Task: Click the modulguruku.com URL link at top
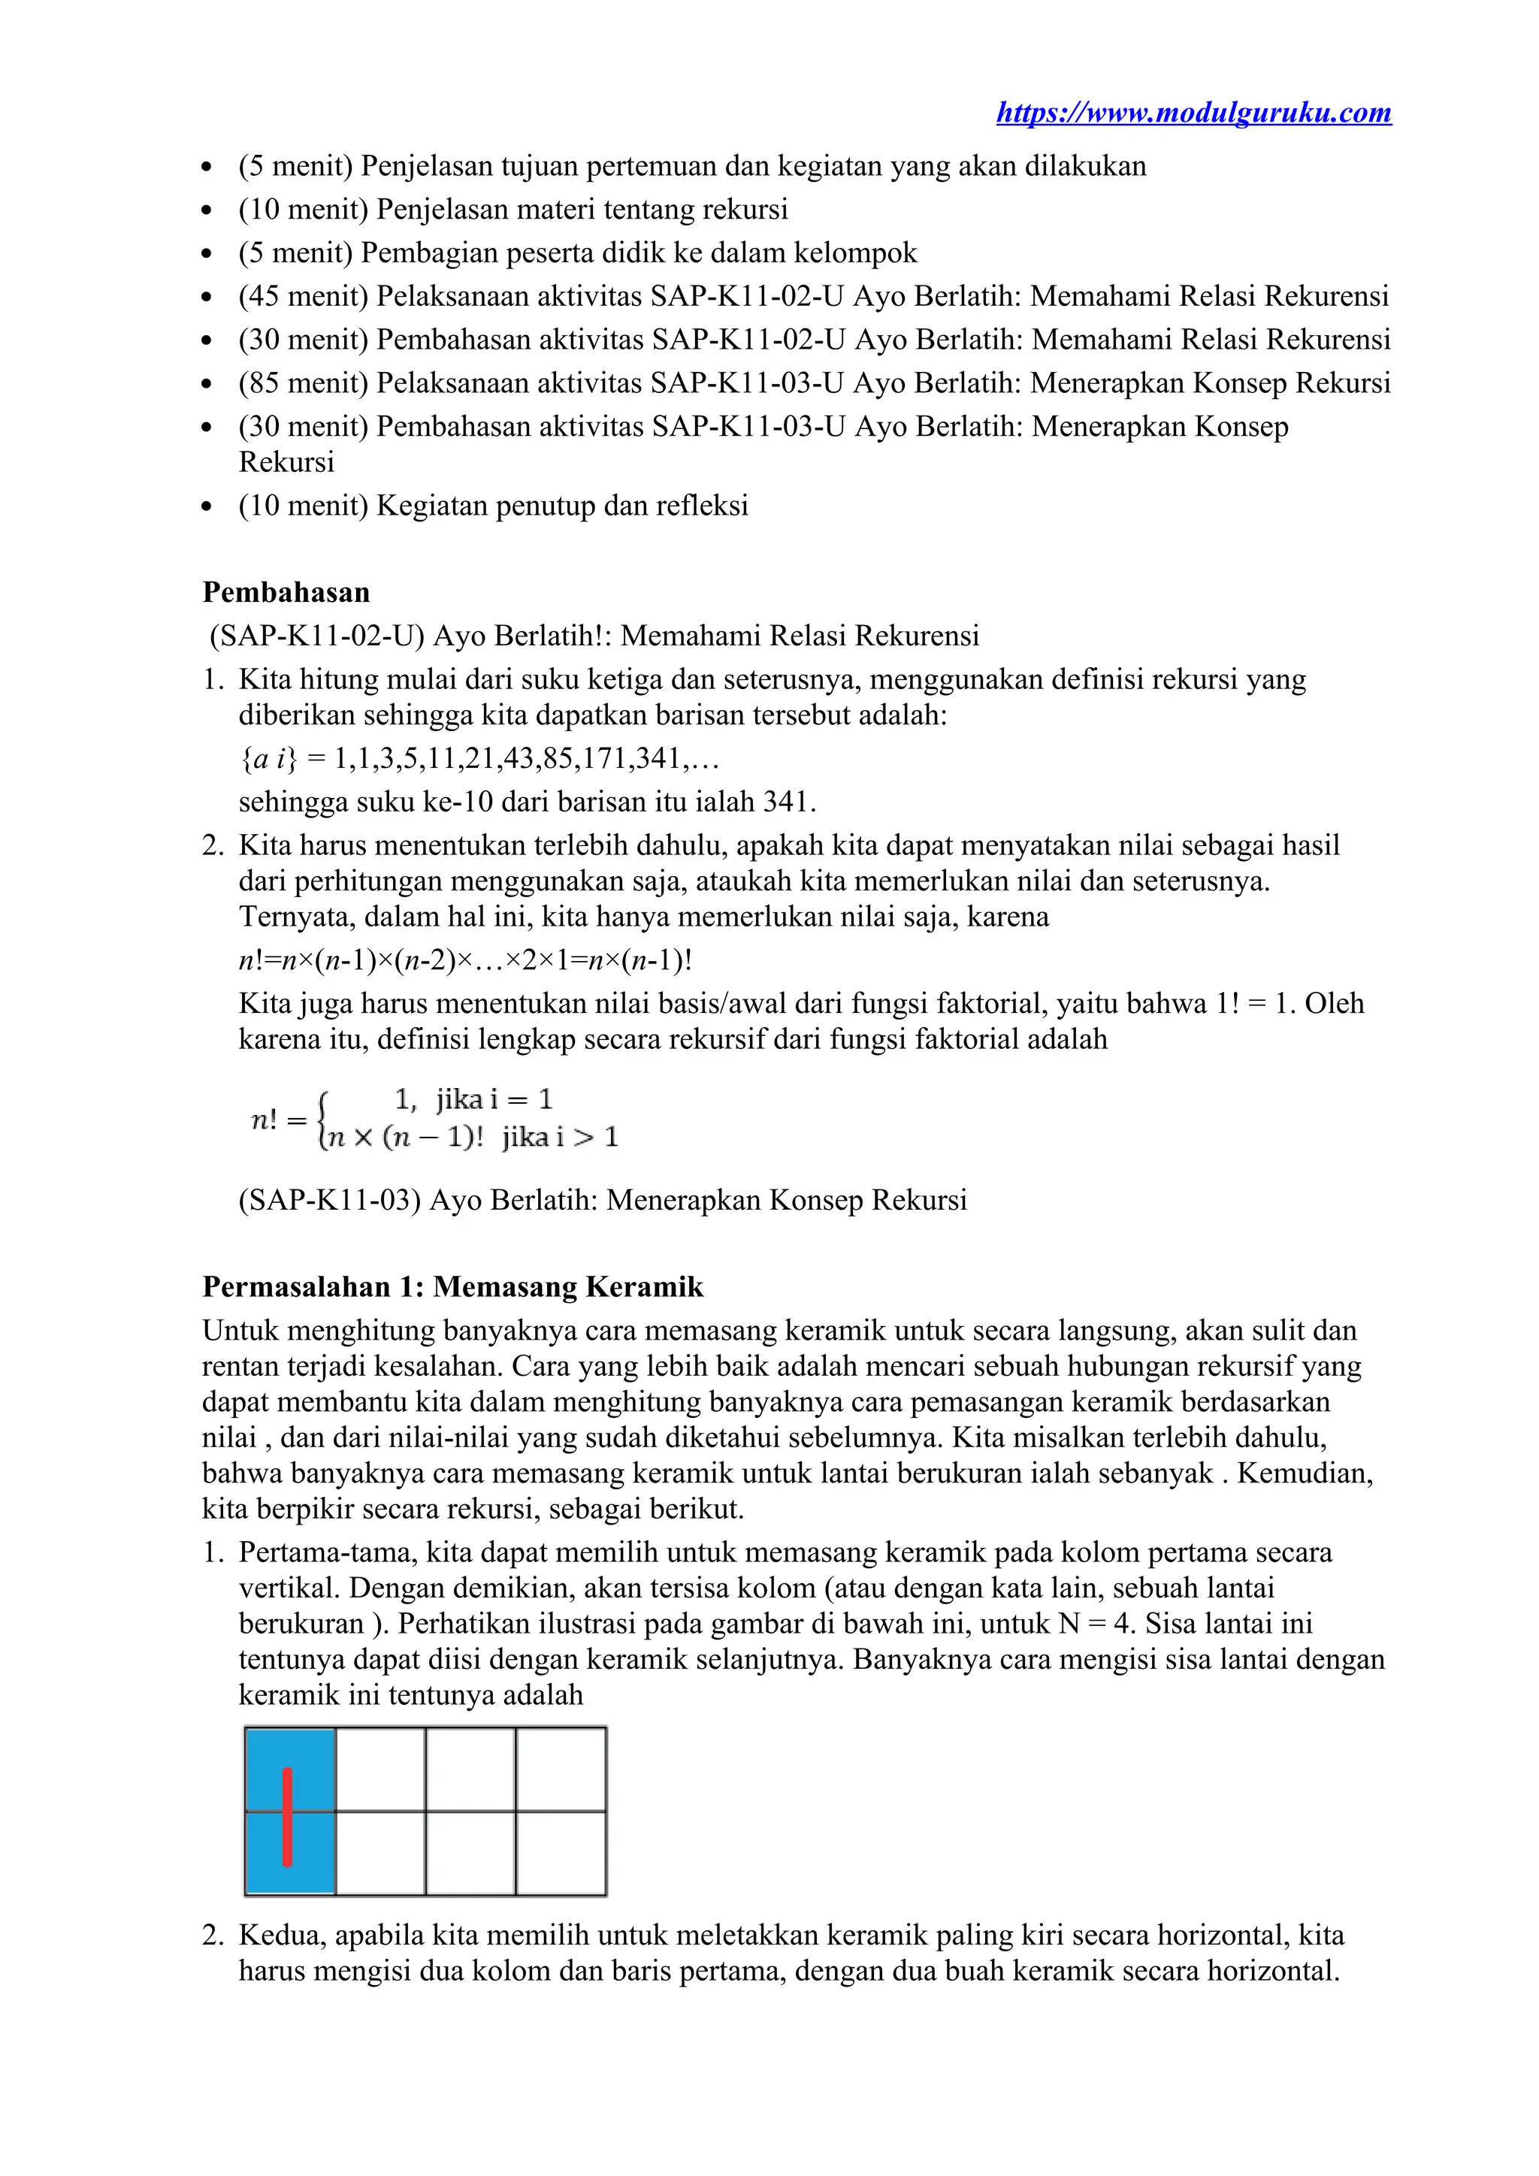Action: (x=1193, y=113)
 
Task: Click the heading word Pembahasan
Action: (x=286, y=592)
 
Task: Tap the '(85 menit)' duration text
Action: (x=304, y=383)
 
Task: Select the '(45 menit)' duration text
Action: (x=304, y=296)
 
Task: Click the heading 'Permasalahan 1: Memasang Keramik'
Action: (x=452, y=1287)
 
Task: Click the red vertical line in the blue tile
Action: (x=287, y=1817)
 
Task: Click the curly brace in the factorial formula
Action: (x=323, y=1120)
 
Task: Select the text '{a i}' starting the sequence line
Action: (x=268, y=758)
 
